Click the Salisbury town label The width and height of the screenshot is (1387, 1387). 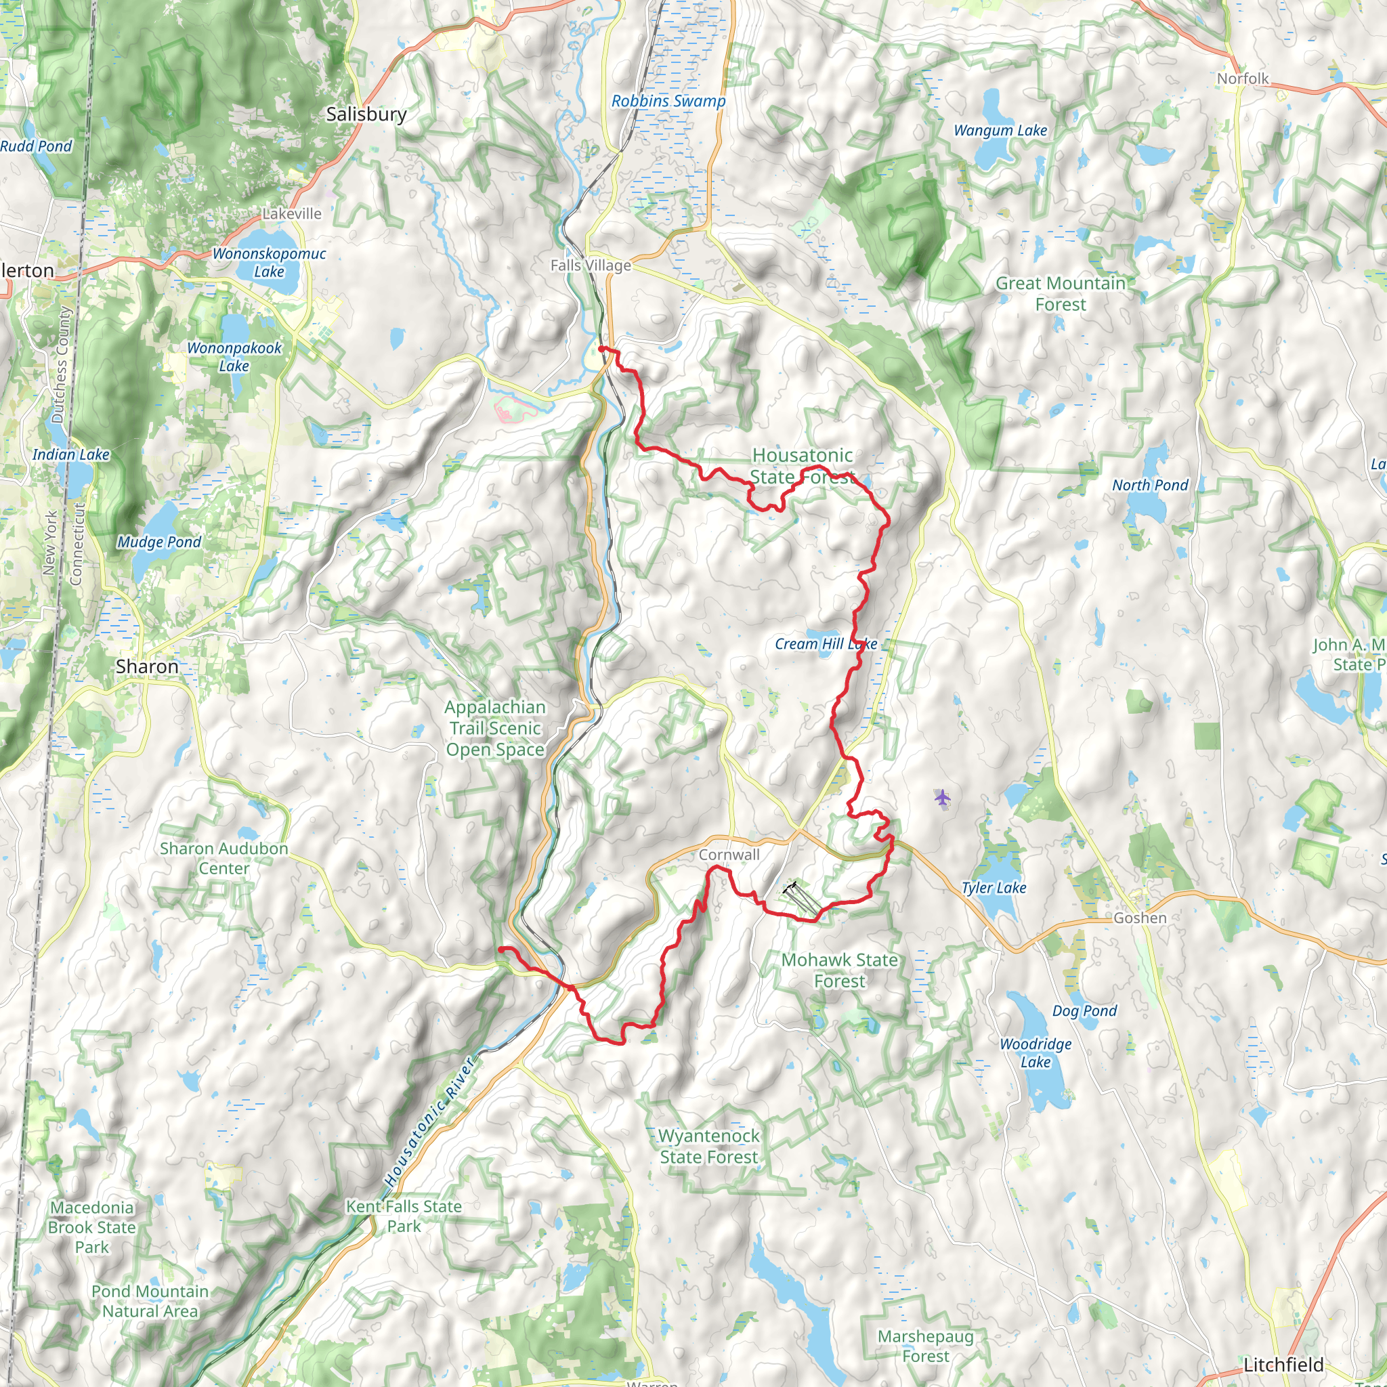pyautogui.click(x=366, y=114)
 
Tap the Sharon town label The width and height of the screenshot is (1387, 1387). pyautogui.click(x=147, y=666)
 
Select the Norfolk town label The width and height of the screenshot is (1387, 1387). pyautogui.click(x=1243, y=79)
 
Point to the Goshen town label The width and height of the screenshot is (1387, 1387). pyautogui.click(x=1140, y=918)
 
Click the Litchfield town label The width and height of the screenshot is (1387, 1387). pyautogui.click(x=1283, y=1365)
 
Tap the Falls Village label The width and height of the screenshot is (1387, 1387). pyautogui.click(x=591, y=265)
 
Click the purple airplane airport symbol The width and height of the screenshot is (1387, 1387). pyautogui.click(x=943, y=797)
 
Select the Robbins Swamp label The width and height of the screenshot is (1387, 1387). pyautogui.click(x=668, y=101)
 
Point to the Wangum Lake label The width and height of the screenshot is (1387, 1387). pyautogui.click(x=1000, y=131)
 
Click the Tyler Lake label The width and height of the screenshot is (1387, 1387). pyautogui.click(x=994, y=888)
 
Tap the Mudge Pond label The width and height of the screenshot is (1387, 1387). pyautogui.click(x=159, y=542)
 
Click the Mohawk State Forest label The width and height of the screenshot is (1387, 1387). pyautogui.click(x=839, y=970)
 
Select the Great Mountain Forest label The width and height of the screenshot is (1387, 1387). pyautogui.click(x=1061, y=294)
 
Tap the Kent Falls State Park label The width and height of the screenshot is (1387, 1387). pyautogui.click(x=404, y=1216)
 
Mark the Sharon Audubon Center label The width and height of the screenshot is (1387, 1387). pyautogui.click(x=224, y=859)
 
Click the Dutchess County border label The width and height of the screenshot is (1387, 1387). pyautogui.click(x=62, y=365)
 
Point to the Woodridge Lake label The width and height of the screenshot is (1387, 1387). pyautogui.click(x=1036, y=1053)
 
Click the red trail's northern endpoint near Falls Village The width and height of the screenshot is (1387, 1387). pyautogui.click(x=601, y=349)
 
